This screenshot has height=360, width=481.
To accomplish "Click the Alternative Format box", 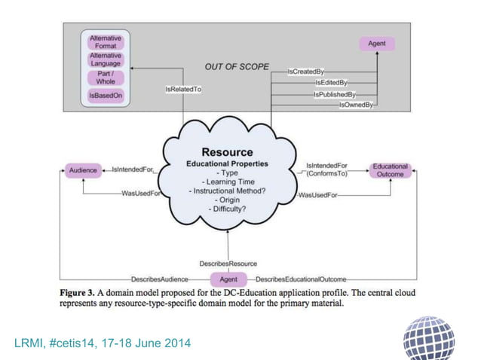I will point(105,42).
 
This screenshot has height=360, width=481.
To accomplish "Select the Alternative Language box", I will point(105,59).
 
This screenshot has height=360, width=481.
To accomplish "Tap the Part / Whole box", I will point(105,78).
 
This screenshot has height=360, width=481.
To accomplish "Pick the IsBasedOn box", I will point(105,96).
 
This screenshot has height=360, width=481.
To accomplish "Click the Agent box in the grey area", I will point(376,44).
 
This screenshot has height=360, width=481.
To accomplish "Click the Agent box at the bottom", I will point(228,279).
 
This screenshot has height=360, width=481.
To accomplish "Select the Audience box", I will point(83,170).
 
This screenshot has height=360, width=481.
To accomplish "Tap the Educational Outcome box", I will point(391,170).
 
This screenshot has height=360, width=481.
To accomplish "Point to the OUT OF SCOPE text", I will point(237,67).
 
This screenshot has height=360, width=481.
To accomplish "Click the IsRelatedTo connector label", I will point(183,89).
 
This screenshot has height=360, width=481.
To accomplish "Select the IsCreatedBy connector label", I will point(305,72).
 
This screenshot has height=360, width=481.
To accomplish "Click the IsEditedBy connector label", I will point(331,82).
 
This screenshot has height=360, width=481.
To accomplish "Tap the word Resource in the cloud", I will point(227,152).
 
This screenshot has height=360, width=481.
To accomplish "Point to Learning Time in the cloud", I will point(227,182).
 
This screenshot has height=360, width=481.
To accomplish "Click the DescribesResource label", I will point(228,264).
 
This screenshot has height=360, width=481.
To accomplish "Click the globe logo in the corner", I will point(430,337).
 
